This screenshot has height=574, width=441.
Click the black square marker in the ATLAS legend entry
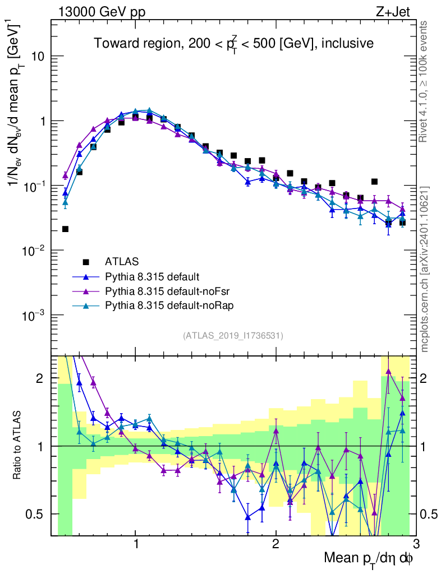pyautogui.click(x=86, y=261)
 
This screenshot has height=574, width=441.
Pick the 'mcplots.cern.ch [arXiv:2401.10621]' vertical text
pyautogui.click(x=425, y=269)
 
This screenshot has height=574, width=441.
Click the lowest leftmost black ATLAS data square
pyautogui.click(x=65, y=229)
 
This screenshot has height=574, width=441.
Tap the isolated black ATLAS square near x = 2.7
pyautogui.click(x=374, y=182)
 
